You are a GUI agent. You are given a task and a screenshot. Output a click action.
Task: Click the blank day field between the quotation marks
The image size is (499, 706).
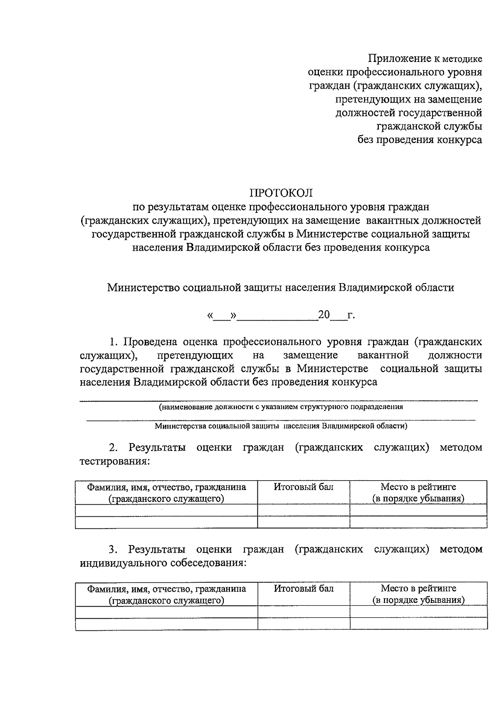(x=221, y=316)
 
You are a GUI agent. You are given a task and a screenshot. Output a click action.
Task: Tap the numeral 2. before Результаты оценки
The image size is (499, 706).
(x=113, y=447)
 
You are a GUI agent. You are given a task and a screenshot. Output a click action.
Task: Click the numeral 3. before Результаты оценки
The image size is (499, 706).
(x=113, y=549)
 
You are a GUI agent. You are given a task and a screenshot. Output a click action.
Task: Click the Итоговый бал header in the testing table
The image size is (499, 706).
(x=304, y=487)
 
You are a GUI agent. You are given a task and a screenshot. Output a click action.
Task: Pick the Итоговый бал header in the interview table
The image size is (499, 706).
(x=304, y=588)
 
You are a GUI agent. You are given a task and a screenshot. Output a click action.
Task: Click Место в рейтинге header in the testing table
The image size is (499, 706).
(x=418, y=487)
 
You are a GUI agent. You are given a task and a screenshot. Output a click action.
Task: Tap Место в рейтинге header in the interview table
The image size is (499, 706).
(x=418, y=588)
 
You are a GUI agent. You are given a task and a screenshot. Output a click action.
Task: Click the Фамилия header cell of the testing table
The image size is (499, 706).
(x=166, y=492)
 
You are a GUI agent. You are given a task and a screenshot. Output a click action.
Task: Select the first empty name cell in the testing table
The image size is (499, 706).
(x=166, y=510)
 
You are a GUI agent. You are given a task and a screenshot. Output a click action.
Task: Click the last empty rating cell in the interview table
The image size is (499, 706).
(x=418, y=623)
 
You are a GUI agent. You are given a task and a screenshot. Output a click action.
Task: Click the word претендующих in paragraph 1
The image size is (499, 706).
(x=195, y=355)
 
